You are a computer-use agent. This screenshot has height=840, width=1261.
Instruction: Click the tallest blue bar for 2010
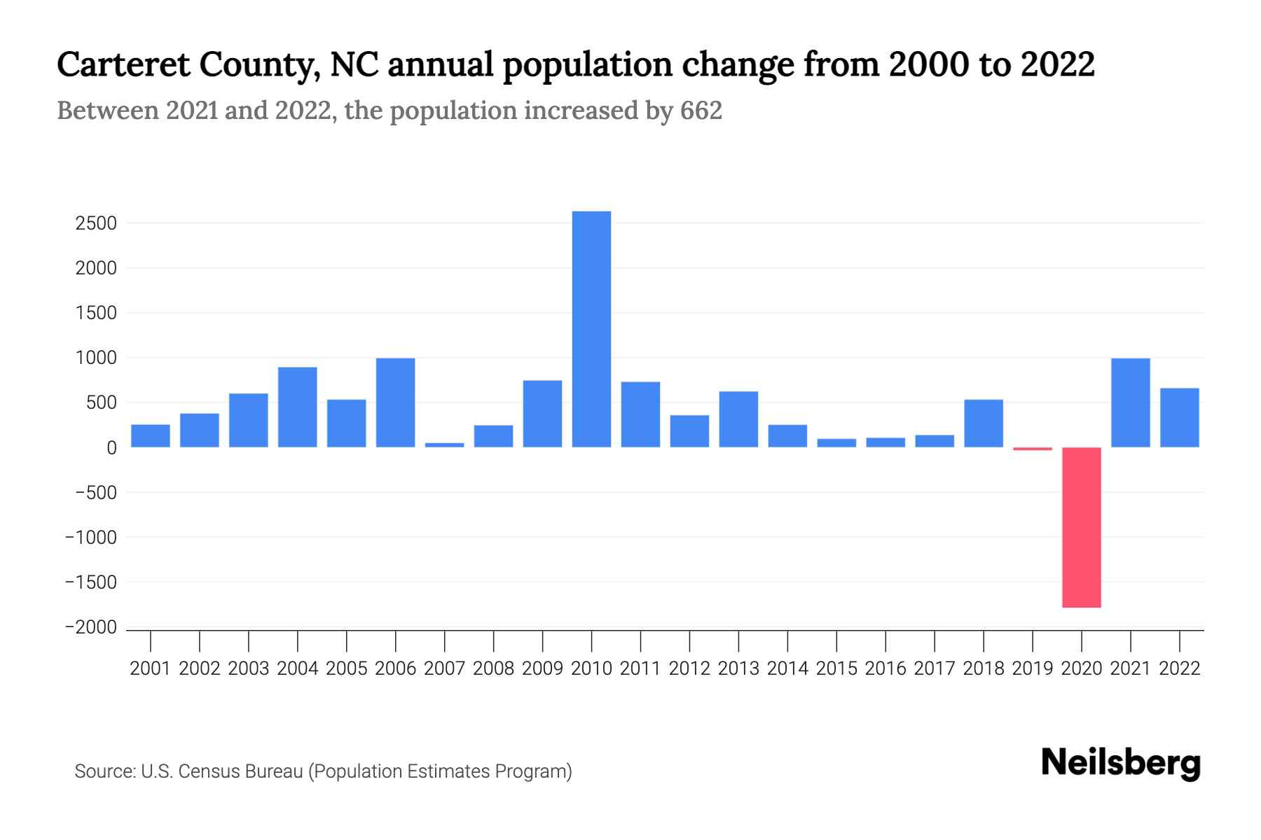[591, 329]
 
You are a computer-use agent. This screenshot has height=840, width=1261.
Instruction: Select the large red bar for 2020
[1082, 527]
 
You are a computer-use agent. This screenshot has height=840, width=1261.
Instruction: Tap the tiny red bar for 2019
[1033, 449]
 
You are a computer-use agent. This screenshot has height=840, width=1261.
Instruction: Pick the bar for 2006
[396, 402]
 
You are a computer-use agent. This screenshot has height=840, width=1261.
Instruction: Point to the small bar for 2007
[445, 444]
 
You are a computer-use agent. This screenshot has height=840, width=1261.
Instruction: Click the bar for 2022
[1180, 418]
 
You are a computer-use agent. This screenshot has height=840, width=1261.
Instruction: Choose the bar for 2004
[298, 407]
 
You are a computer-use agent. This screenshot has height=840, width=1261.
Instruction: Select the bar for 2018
[984, 423]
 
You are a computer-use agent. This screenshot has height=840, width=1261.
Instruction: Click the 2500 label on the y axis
[96, 223]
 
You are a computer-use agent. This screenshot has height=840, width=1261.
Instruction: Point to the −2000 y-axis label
[90, 627]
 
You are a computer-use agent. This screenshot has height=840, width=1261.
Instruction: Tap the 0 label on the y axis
[111, 448]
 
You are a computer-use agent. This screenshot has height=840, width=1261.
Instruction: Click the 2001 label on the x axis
[151, 668]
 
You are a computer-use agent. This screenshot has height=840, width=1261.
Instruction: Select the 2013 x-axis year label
[738, 668]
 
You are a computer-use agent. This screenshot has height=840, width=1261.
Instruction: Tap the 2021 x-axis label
[1131, 668]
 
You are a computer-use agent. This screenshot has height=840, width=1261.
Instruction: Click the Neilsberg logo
[1121, 763]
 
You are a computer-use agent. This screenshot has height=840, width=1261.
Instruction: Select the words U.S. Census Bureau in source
[222, 771]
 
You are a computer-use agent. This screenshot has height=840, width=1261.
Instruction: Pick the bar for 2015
[836, 443]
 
